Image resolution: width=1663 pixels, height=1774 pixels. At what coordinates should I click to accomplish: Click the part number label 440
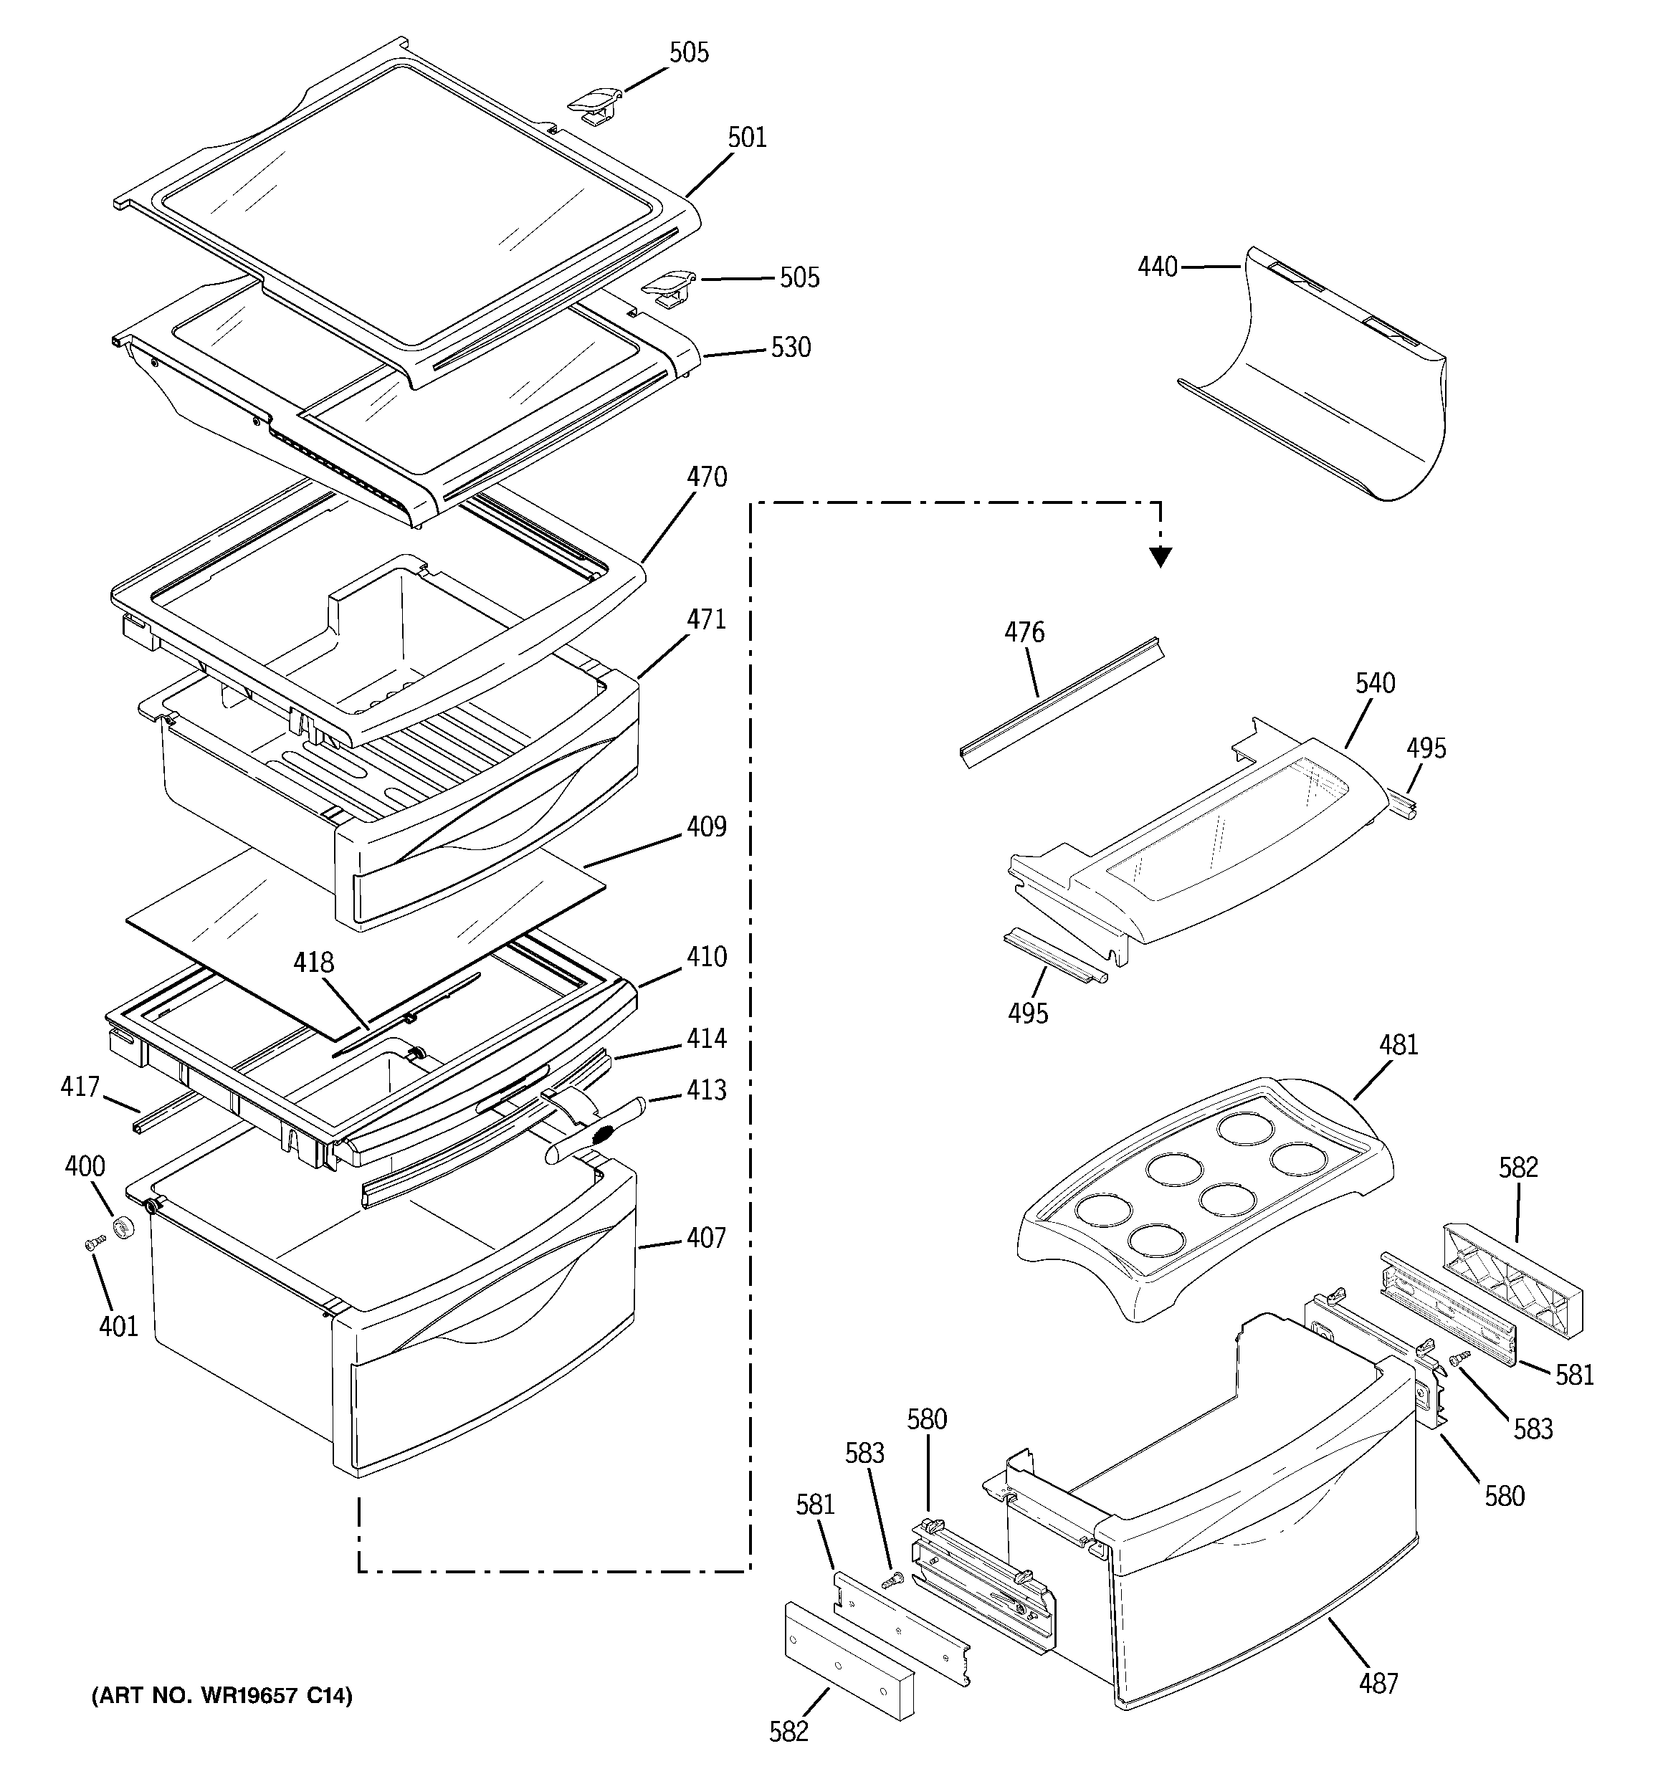[1157, 267]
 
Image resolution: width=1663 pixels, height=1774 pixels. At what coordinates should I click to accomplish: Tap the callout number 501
[746, 138]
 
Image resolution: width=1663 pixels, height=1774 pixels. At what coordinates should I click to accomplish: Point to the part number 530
[791, 347]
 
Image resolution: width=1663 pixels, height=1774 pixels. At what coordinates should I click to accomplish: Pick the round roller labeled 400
[124, 1227]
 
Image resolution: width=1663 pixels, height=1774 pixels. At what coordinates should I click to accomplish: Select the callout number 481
[1398, 1045]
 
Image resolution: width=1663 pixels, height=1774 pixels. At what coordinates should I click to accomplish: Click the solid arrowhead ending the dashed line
[1160, 558]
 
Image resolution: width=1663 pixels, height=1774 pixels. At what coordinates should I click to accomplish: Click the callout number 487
[1378, 1683]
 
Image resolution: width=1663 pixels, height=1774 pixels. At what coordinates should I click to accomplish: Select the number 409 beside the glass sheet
[706, 827]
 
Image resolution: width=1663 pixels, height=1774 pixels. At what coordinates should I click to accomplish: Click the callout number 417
[80, 1087]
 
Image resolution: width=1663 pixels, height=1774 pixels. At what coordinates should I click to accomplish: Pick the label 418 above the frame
[313, 962]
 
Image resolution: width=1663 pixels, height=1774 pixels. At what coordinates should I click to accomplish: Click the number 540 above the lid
[1375, 684]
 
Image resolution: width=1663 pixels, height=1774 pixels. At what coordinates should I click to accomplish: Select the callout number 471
[706, 619]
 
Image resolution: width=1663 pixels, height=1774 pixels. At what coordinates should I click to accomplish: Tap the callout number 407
[706, 1238]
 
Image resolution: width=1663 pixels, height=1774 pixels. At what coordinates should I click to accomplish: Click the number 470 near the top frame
[706, 477]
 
